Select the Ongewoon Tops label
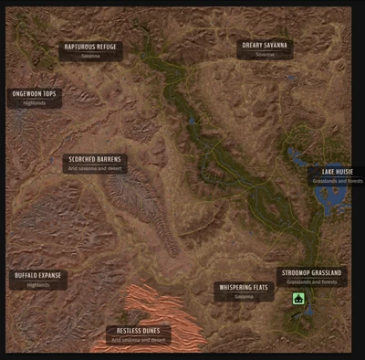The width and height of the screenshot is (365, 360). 35,93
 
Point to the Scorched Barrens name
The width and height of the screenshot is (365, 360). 96,159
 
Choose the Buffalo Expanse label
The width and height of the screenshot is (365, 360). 38,275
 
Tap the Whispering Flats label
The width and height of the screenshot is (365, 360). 243,287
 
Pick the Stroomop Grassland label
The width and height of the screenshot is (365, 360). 311,272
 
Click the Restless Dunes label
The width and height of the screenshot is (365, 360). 139,331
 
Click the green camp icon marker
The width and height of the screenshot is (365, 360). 298,299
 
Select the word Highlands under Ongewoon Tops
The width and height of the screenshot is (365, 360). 35,102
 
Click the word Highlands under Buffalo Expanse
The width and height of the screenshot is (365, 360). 38,284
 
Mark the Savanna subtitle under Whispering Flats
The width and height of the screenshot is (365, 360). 243,296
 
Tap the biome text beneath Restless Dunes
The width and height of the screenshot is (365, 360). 139,340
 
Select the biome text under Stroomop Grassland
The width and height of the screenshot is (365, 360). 311,281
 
